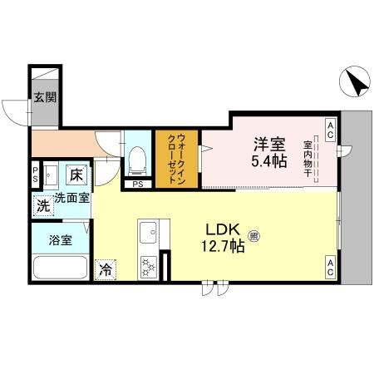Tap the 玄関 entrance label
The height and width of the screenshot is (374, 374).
[44, 97]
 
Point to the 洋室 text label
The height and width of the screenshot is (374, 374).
[269, 144]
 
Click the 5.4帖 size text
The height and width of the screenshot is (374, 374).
[269, 161]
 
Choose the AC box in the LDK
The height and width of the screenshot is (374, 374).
[331, 268]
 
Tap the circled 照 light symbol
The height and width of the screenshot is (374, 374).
[253, 237]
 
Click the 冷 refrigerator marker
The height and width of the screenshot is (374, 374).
[106, 269]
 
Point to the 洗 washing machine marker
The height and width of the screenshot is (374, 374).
[42, 205]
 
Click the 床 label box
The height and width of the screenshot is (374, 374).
[75, 175]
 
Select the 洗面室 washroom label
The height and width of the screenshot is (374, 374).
[72, 199]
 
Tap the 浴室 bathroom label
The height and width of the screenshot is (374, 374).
[60, 241]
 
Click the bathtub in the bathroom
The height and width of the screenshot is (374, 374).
[59, 268]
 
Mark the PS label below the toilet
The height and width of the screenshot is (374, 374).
[137, 184]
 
